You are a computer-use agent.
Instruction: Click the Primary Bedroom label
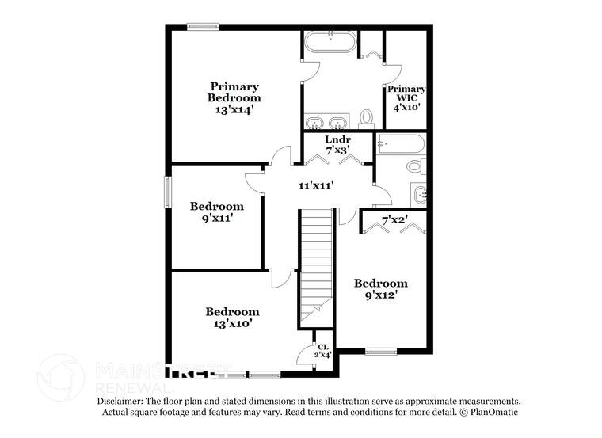[x=234, y=91]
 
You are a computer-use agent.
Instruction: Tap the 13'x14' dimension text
[x=234, y=110]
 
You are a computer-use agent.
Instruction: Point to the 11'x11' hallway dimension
[x=315, y=185]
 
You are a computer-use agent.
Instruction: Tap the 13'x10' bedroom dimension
[x=232, y=323]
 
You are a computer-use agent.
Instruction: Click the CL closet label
[x=322, y=347]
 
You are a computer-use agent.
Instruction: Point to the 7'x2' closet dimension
[x=394, y=220]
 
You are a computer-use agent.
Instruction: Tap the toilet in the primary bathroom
[x=366, y=118]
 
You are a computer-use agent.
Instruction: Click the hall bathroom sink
[x=419, y=194]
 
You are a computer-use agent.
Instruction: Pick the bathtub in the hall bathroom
[x=401, y=144]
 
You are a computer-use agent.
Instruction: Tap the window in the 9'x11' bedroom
[x=168, y=192]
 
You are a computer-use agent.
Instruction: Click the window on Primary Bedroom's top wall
[x=203, y=27]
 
